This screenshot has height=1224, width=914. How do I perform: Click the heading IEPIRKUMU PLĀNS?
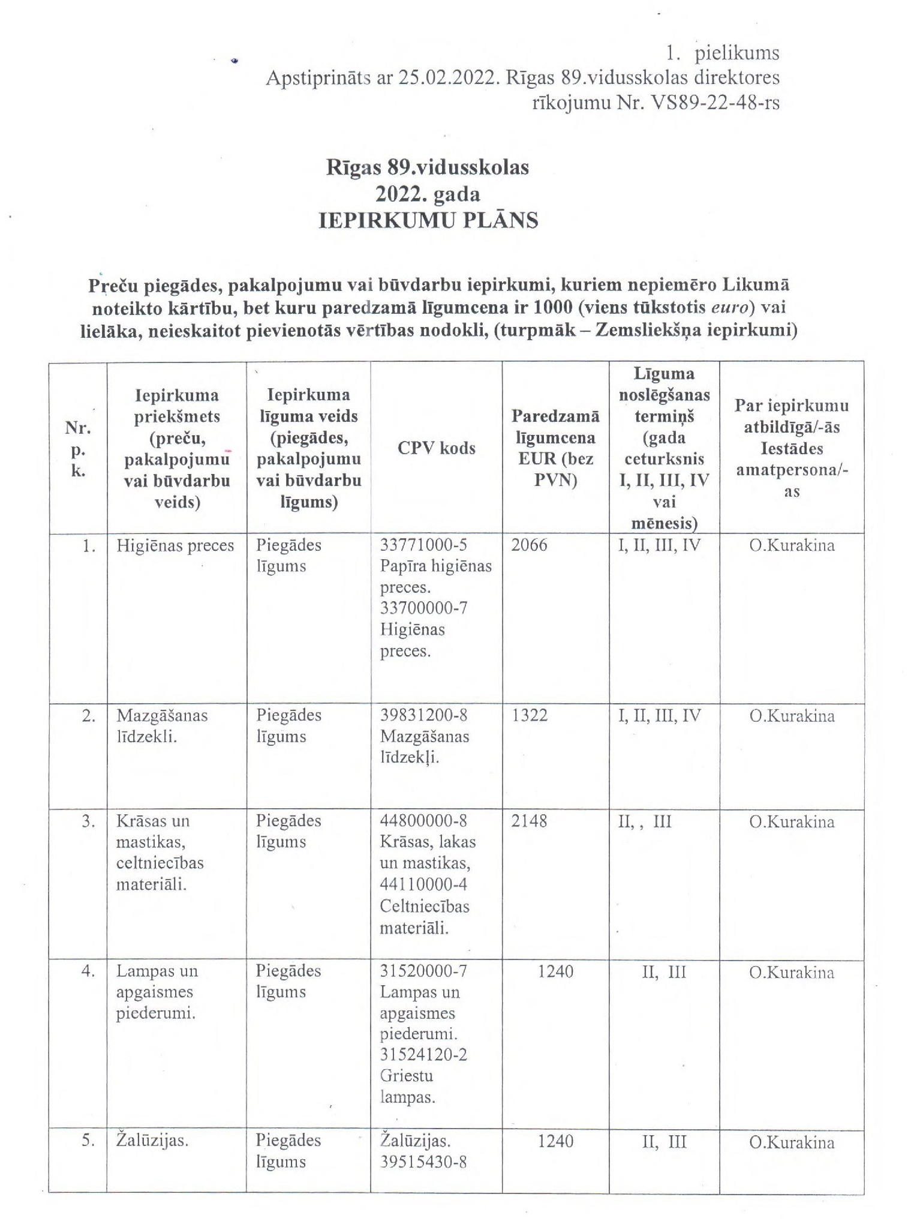pos(428,220)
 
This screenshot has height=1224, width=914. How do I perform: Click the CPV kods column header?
pos(436,448)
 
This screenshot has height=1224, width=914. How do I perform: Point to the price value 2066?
pos(529,545)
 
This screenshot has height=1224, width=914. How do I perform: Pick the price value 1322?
pos(529,715)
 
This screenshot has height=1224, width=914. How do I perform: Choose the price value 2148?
pos(529,821)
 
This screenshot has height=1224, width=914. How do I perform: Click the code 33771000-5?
pos(423,545)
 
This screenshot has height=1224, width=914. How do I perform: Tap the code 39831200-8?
pos(423,715)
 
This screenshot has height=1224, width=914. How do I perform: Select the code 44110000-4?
pos(423,884)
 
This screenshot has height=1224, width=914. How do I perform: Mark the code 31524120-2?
pos(423,1054)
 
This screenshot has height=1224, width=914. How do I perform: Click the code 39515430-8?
pos(423,1162)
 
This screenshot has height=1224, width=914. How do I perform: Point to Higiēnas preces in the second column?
pos(175,545)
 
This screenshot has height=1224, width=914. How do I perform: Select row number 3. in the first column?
pos(88,821)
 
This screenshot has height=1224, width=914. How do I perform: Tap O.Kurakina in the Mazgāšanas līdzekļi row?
pos(791,715)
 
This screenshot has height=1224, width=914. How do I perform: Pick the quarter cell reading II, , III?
pos(645,821)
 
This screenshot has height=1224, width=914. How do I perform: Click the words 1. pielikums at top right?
pos(723,53)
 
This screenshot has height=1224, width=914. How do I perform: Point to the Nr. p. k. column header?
pos(78,449)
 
